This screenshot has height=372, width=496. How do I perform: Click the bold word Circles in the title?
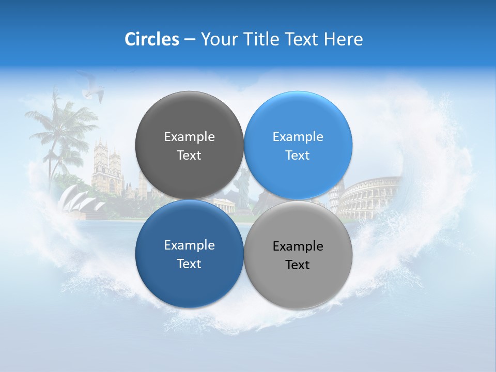pyautogui.click(x=151, y=39)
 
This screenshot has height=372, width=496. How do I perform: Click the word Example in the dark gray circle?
pyautogui.click(x=189, y=137)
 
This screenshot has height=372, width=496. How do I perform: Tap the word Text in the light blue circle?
pyautogui.click(x=298, y=156)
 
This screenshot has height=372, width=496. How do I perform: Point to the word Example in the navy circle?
pyautogui.click(x=189, y=245)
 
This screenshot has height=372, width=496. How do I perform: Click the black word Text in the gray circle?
pyautogui.click(x=298, y=265)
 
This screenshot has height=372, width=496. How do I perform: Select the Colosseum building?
pyautogui.click(x=369, y=196)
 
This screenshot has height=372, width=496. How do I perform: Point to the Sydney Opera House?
pyautogui.click(x=78, y=199)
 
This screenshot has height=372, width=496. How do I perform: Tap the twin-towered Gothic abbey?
pyautogui.click(x=108, y=168)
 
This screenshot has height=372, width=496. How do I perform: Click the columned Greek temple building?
pyautogui.click(x=224, y=205)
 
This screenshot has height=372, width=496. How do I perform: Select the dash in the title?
pyautogui.click(x=190, y=39)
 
